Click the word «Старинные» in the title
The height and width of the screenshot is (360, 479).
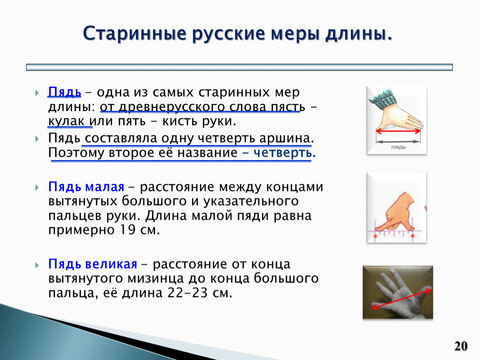(x=135, y=33)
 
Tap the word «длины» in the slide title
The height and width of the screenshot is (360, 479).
(x=359, y=33)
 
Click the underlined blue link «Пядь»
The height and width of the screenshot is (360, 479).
(x=65, y=92)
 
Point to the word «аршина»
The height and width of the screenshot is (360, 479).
(x=285, y=138)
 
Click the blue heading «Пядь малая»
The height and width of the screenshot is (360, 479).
(x=86, y=186)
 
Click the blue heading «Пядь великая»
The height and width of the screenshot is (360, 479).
(x=92, y=264)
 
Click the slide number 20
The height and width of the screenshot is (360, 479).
(x=461, y=346)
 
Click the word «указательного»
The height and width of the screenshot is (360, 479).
(x=251, y=201)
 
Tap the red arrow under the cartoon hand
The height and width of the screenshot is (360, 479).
(x=398, y=131)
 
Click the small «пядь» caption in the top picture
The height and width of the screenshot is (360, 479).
(x=398, y=147)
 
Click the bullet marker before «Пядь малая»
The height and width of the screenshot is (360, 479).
(x=37, y=187)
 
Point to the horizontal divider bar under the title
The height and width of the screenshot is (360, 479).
(x=239, y=67)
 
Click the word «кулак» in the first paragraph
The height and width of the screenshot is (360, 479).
(x=66, y=121)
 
